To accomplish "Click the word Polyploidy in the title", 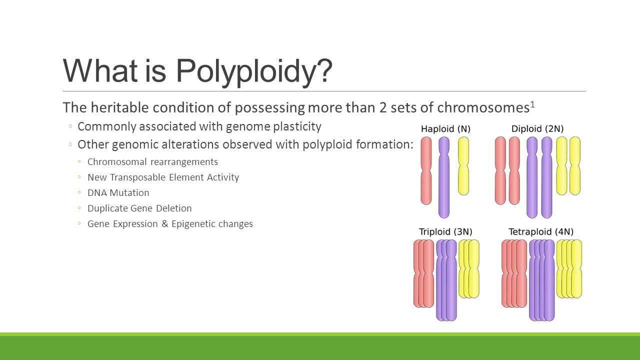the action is click(254, 71).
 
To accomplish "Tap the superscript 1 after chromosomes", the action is click(532, 105).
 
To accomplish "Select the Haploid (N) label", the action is click(445, 129).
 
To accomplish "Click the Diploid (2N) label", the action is click(537, 129).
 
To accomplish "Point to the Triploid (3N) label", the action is click(445, 231).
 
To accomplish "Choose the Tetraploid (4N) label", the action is click(541, 231).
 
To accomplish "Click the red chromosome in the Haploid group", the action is click(426, 170).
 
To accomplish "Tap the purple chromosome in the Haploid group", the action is click(444, 177).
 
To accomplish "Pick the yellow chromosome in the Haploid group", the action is click(463, 166).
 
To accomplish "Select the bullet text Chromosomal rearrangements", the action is click(152, 162).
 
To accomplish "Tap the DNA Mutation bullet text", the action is click(118, 193).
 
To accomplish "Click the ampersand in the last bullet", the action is click(164, 223).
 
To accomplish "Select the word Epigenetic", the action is click(189, 224).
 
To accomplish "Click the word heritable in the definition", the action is click(120, 108).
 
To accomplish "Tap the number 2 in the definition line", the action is click(383, 108).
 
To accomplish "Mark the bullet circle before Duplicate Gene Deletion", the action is click(79, 208).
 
